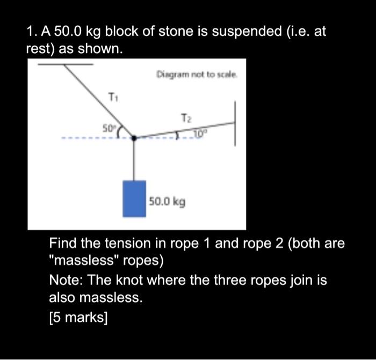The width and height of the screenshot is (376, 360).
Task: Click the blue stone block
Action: [134, 199]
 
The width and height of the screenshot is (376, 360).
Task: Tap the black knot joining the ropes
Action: [133, 137]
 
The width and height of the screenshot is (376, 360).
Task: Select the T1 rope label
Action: [112, 97]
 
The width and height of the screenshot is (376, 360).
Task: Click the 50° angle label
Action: [109, 128]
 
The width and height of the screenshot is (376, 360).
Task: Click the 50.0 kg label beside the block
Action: [167, 202]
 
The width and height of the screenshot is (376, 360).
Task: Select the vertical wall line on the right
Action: [234, 125]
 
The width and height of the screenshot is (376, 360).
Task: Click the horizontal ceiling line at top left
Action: [64, 64]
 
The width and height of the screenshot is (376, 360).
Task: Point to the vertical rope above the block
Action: [133, 160]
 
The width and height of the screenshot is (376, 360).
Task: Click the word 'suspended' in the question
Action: [245, 32]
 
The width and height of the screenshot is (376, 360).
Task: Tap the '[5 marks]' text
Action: [78, 317]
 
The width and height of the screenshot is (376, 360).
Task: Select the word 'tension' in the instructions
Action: [125, 244]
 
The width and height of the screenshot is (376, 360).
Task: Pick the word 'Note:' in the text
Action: [66, 280]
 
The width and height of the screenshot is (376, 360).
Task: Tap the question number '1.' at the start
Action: [32, 32]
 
